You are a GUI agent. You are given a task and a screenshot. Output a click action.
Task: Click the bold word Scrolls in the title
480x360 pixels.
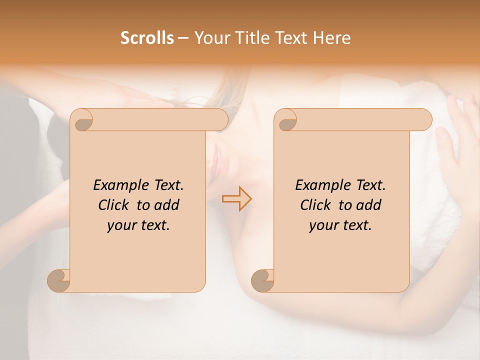147,38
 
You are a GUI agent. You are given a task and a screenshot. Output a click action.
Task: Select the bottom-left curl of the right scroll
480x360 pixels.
263,280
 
